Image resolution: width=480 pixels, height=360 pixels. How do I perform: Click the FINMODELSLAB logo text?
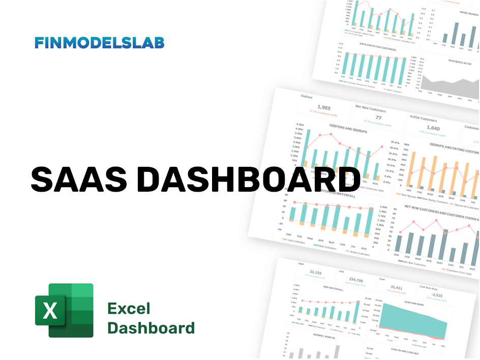tap(99, 43)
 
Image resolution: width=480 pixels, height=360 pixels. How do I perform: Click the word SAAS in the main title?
tap(78, 179)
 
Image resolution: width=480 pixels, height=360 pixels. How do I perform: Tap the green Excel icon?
tap(64, 310)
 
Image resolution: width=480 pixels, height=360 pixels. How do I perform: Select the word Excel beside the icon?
tap(129, 309)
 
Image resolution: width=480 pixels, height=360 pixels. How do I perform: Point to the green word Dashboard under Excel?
tap(151, 328)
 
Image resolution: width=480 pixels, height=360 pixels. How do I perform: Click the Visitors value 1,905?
tap(324, 107)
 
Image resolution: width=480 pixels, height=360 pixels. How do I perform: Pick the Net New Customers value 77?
tap(378, 118)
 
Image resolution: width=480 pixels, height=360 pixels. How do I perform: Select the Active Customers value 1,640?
tap(433, 128)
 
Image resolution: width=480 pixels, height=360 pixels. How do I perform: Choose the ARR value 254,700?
tap(356, 280)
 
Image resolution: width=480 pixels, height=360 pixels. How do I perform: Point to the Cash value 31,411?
tap(397, 288)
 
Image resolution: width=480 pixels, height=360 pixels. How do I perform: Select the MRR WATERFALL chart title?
tap(333, 289)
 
